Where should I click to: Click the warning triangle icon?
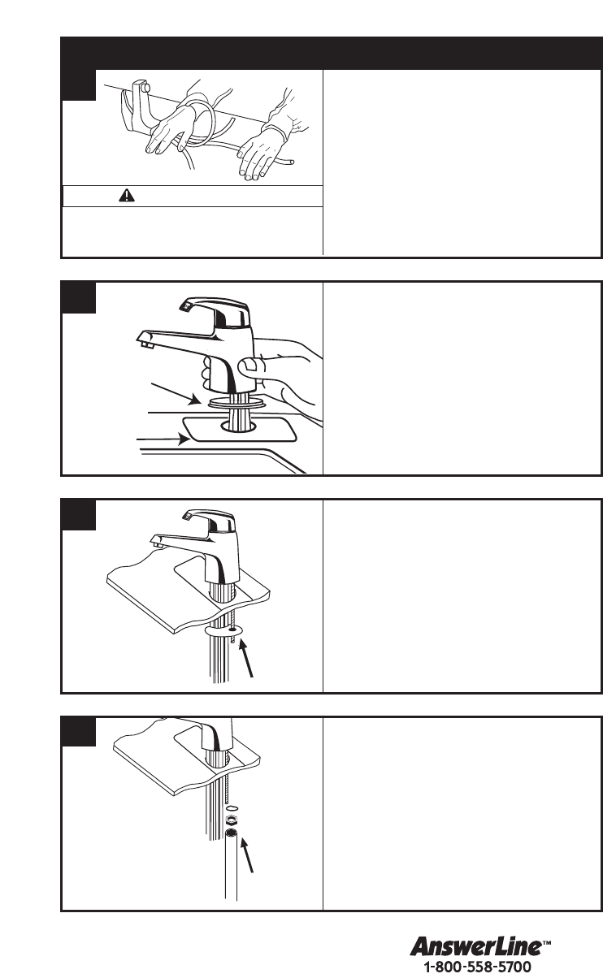click(x=127, y=195)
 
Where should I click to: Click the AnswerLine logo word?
click(x=475, y=947)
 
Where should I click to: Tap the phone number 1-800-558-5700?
click(x=478, y=967)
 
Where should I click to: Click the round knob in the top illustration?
click(x=146, y=89)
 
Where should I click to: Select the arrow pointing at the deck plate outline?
click(x=163, y=439)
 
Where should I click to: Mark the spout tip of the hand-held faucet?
click(x=145, y=341)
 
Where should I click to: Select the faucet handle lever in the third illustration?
click(x=210, y=520)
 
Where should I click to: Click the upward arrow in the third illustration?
click(x=246, y=659)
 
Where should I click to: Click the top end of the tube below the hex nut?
click(x=231, y=833)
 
